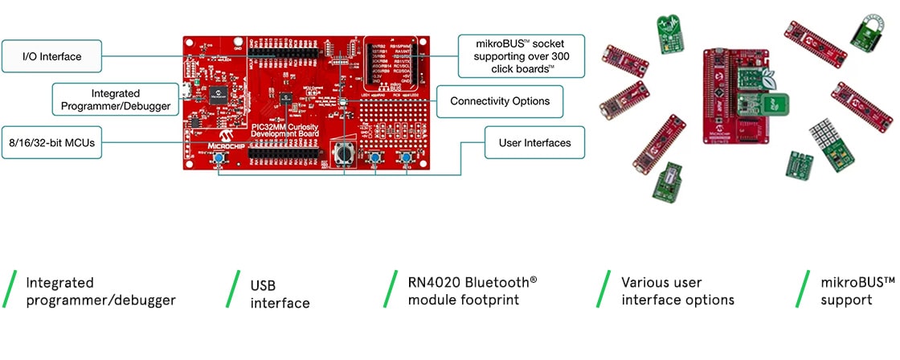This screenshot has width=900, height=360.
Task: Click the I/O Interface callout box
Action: coord(51,56)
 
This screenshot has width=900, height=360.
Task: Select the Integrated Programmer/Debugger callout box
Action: coord(116,100)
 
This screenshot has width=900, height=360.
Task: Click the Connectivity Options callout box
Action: coord(499,101)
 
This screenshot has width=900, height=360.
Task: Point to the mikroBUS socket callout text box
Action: coord(521,55)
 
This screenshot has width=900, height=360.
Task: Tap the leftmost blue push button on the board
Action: coord(219,161)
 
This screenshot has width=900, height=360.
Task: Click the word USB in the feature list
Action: coord(264,284)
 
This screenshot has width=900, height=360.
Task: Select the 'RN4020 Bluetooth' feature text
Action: coord(466,283)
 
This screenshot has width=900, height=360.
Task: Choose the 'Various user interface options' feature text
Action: coord(677,291)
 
